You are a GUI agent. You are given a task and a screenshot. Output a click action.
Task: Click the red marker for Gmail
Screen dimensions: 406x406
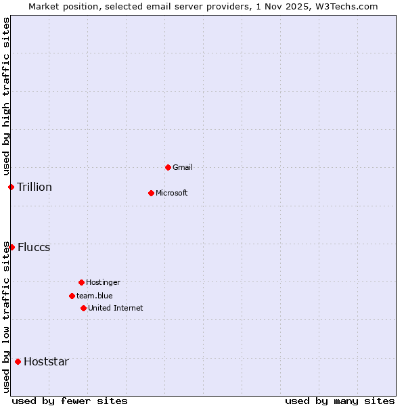tap(168, 167)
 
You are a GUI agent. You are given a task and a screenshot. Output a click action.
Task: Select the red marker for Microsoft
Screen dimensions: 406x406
tap(151, 193)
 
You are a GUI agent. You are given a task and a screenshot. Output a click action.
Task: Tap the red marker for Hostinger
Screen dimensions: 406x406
tap(81, 282)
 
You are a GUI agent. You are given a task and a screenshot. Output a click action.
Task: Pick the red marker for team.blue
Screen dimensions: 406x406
tap(72, 296)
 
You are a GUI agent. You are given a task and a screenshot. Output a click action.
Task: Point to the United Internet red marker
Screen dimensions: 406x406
tap(83, 308)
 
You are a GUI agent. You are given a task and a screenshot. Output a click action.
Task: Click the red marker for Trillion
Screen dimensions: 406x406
tap(11, 187)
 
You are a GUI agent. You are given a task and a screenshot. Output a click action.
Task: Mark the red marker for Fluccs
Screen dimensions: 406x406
tap(12, 247)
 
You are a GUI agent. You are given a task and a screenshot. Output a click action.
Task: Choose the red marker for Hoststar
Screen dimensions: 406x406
tap(18, 361)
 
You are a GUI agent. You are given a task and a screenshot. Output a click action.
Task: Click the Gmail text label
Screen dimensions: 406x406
tap(183, 167)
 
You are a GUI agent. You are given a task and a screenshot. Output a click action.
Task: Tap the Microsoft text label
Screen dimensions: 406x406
tap(172, 193)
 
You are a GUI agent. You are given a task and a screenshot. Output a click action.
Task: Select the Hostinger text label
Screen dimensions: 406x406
tap(103, 282)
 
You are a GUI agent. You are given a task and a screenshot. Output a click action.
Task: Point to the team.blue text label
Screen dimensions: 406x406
tap(95, 296)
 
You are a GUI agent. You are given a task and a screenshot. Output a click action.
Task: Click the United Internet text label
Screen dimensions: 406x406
tap(116, 308)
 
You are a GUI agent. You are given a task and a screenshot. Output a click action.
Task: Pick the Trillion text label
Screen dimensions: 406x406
tap(35, 187)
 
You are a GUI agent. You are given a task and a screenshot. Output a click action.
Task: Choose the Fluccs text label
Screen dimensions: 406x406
tap(34, 247)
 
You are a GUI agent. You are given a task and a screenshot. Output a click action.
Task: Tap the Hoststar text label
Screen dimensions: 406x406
tap(46, 361)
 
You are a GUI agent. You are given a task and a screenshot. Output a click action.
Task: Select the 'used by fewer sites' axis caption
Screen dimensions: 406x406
tap(70, 401)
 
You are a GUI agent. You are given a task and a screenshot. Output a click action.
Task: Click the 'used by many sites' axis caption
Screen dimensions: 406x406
tap(340, 401)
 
